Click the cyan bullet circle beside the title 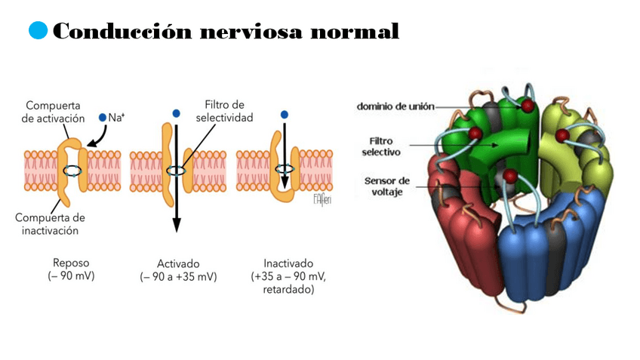pyautogui.click(x=38, y=31)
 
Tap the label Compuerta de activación pyautogui.click(x=53, y=112)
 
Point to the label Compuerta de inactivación pyautogui.click(x=50, y=224)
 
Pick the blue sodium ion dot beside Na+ pyautogui.click(x=103, y=118)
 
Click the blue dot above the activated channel pyautogui.click(x=176, y=113)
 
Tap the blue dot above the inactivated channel pyautogui.click(x=284, y=114)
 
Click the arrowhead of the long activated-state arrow pyautogui.click(x=176, y=226)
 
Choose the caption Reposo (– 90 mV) pyautogui.click(x=71, y=269)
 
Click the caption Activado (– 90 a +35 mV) pyautogui.click(x=178, y=270)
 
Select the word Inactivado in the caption pyautogui.click(x=289, y=263)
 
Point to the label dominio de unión pyautogui.click(x=395, y=107)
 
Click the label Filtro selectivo pyautogui.click(x=385, y=146)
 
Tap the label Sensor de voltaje pyautogui.click(x=387, y=186)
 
